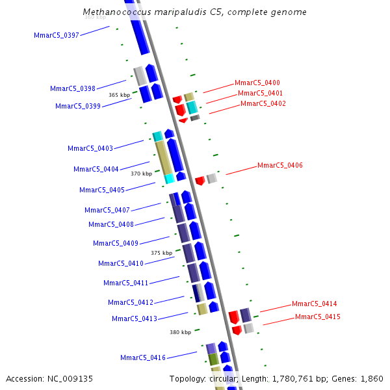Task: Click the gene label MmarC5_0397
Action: click(57, 35)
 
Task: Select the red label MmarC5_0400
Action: click(257, 83)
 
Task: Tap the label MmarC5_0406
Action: click(280, 166)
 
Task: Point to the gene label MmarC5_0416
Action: click(143, 358)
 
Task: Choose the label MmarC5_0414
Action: click(315, 304)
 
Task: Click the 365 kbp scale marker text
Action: click(119, 95)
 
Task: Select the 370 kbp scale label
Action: click(141, 174)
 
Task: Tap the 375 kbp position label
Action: click(161, 253)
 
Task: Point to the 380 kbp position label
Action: click(181, 332)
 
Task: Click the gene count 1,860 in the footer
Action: click(372, 379)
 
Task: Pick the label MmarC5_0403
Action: click(90, 149)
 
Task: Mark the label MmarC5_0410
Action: click(121, 264)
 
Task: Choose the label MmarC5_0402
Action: click(263, 104)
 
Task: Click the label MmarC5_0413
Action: click(135, 319)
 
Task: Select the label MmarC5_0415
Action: click(318, 317)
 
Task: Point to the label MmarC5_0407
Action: click(107, 211)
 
